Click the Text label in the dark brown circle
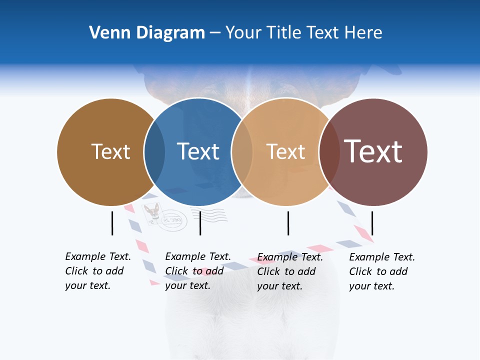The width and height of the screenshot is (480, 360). click(x=110, y=151)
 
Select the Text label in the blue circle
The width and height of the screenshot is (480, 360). click(x=198, y=151)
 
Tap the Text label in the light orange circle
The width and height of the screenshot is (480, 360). click(x=285, y=151)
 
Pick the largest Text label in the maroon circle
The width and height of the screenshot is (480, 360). click(x=373, y=151)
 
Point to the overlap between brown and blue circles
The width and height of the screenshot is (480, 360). click(x=154, y=151)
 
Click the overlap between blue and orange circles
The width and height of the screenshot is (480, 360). click(x=242, y=151)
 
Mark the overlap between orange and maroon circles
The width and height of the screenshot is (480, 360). click(x=329, y=151)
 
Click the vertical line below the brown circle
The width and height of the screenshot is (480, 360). click(x=112, y=223)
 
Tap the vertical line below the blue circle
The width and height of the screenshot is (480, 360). click(x=200, y=223)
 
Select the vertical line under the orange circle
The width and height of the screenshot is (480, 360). click(x=288, y=223)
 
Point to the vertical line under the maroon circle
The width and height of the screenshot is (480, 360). click(x=372, y=223)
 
